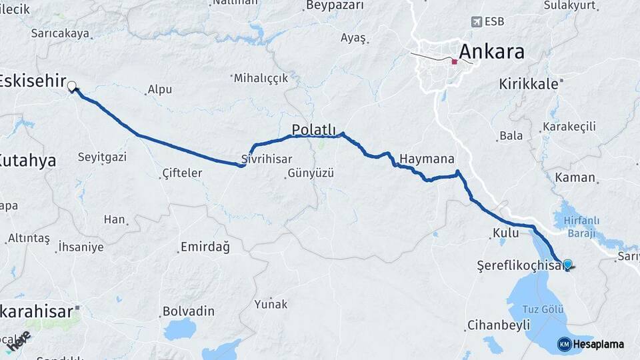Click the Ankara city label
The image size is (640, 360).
(492, 51)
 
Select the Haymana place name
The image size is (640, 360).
(427, 159)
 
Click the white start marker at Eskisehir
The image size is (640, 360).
(71, 85)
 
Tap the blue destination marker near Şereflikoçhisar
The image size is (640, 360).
(567, 264)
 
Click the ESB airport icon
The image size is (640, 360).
(476, 21)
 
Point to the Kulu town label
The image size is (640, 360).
(505, 233)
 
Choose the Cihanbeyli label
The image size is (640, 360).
(499, 325)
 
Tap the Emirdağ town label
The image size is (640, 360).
(205, 247)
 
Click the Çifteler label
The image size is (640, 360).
(182, 173)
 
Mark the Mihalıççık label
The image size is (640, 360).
(261, 78)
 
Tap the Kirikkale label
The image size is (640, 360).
(529, 84)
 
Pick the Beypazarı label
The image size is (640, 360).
(335, 5)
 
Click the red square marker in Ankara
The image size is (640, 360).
(454, 61)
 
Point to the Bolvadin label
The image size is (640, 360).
(189, 311)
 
